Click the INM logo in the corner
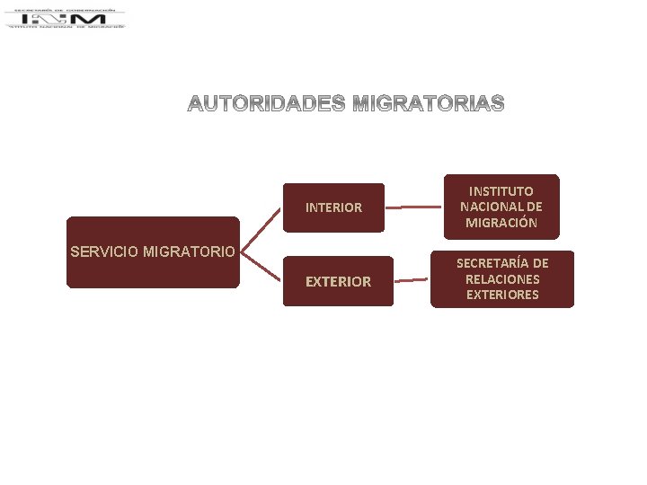pos(66,18)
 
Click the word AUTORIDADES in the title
pos(266,104)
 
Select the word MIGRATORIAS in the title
pos(429,104)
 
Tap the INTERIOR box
pos(333,207)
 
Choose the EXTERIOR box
pos(338,281)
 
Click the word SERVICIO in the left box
pos(103,251)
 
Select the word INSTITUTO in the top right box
pos(501,191)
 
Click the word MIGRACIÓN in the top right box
pos(501,223)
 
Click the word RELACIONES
pos(502,278)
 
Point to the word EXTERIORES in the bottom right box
pos(502,294)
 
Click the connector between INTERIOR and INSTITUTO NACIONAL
pos(407,207)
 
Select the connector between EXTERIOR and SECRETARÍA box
pos(412,280)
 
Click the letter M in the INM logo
pos(93,18)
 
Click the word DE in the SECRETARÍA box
pos(539,263)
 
